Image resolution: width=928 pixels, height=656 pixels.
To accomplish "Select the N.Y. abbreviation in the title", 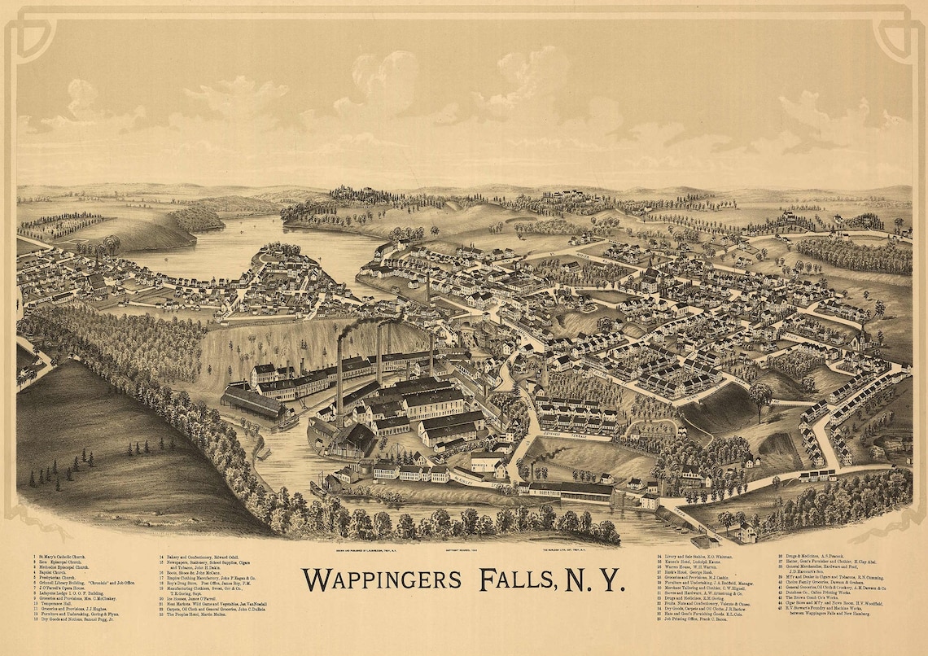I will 598,579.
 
